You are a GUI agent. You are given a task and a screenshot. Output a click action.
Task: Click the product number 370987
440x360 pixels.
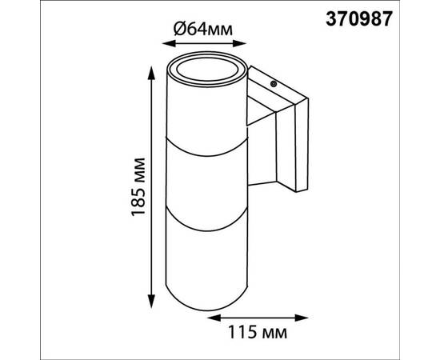tap(358, 19)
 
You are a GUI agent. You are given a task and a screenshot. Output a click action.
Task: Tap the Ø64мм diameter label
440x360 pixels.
tap(203, 29)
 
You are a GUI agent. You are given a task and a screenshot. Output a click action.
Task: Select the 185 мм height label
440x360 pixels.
tap(138, 187)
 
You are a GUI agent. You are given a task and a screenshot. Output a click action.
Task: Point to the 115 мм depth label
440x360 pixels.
tap(258, 332)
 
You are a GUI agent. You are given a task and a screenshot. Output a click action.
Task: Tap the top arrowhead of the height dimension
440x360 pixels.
tap(151, 73)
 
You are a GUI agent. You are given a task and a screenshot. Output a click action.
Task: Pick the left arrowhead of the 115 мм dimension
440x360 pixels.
tap(213, 318)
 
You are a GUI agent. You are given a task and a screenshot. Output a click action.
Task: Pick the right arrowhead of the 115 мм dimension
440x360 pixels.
tap(302, 318)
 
